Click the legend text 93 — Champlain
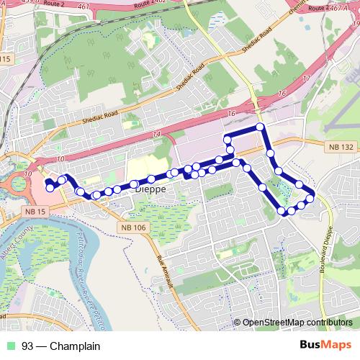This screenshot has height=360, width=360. click(60, 346)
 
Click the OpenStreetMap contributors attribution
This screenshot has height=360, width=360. click(297, 322)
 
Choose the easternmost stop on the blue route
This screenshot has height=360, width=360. click(310, 197)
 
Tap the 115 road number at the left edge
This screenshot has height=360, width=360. click(6, 59)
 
